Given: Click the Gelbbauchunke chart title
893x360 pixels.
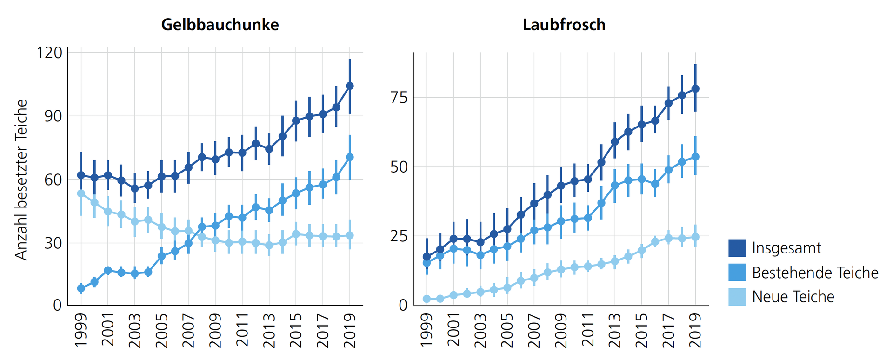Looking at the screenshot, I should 220,24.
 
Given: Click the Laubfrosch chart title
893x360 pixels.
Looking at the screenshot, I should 564,24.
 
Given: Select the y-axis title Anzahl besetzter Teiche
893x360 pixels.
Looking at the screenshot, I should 21,180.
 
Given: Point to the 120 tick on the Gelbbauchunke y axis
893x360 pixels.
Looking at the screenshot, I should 49,53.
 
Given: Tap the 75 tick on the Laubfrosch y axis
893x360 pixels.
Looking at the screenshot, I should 399,98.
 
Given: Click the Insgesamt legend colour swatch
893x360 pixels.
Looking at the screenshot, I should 737,248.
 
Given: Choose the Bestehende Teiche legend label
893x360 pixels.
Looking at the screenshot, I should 815,273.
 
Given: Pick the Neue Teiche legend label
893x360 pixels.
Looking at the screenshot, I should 793,297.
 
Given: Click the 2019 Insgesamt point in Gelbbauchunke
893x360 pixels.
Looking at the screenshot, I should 350,86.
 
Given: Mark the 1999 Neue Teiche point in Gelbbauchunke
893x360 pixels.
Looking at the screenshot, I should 81,193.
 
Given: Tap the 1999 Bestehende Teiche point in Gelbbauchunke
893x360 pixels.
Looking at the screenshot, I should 81,288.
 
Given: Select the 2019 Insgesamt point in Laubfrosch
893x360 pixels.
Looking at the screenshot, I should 695,89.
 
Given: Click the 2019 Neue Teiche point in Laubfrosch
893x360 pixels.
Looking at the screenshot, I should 695,237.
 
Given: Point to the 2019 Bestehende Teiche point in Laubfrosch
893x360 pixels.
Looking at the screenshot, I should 695,157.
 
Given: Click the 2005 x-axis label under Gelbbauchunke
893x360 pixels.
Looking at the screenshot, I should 161,331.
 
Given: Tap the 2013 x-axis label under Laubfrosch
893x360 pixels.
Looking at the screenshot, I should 614,331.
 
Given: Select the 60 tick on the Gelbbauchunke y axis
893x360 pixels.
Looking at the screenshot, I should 53,180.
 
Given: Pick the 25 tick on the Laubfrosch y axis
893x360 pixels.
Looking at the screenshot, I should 399,236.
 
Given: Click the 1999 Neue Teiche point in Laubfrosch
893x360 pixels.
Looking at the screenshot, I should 427,299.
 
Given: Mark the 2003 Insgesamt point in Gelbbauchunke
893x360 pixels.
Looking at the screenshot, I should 135,188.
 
